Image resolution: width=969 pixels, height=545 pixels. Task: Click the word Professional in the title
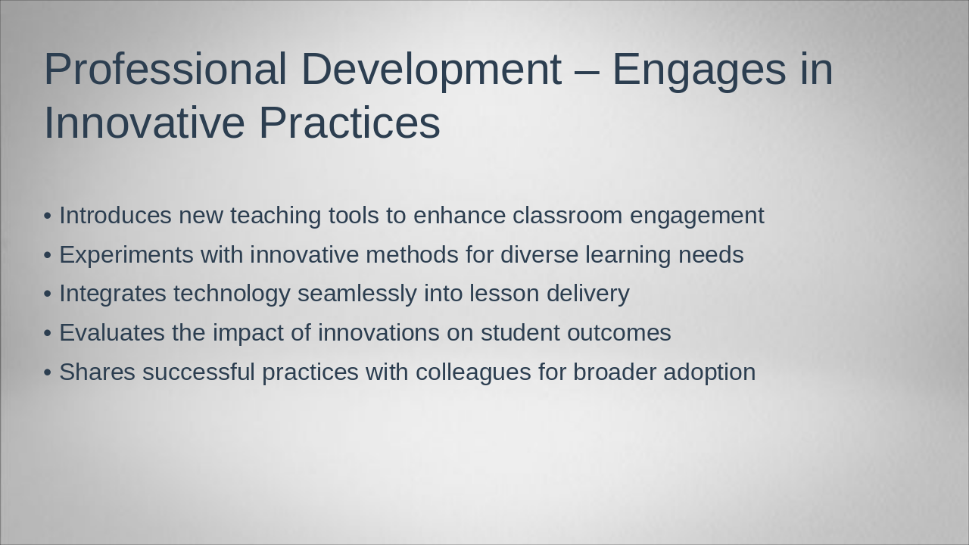pyautogui.click(x=165, y=69)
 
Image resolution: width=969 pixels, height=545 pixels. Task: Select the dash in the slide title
pyautogui.click(x=587, y=71)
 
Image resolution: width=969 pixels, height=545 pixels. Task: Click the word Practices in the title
pyautogui.click(x=350, y=123)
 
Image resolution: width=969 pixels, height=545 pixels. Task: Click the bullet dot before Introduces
pyautogui.click(x=48, y=216)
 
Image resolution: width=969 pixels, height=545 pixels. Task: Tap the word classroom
pyautogui.click(x=568, y=215)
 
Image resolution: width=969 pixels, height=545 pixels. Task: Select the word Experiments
pyautogui.click(x=126, y=255)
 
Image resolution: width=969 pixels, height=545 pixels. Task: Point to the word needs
pyautogui.click(x=711, y=254)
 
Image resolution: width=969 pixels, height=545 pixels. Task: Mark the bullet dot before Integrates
pyautogui.click(x=48, y=294)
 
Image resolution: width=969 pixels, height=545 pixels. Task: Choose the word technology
pyautogui.click(x=232, y=294)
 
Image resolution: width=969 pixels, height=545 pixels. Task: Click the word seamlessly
pyautogui.click(x=357, y=294)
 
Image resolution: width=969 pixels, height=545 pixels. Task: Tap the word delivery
pyautogui.click(x=588, y=294)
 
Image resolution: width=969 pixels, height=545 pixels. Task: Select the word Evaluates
pyautogui.click(x=112, y=332)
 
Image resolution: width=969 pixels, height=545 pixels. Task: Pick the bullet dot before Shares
pyautogui.click(x=48, y=372)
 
